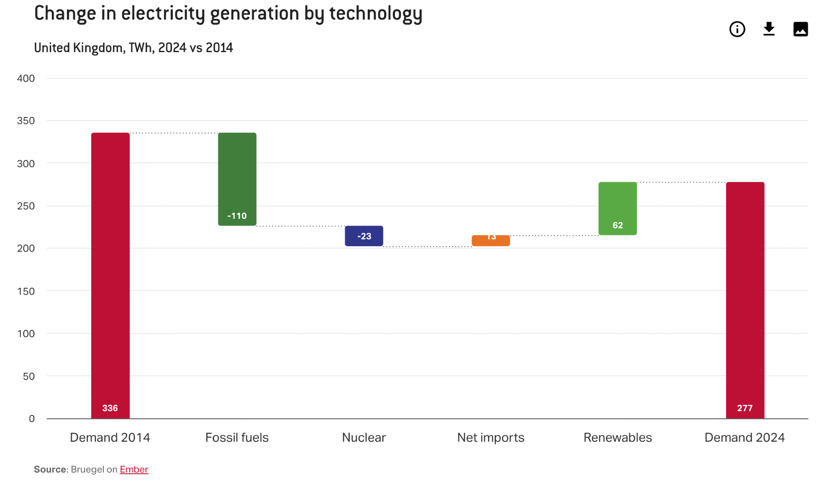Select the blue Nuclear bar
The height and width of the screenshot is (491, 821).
pos(364,236)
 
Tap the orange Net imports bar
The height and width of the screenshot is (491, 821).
pos(491,241)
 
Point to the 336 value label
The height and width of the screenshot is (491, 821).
pos(110,408)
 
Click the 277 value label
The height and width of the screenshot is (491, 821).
pos(745,408)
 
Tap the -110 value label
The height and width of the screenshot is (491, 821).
pos(237,216)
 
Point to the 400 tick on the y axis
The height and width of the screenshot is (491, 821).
pos(26,78)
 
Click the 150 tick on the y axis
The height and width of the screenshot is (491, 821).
pos(26,291)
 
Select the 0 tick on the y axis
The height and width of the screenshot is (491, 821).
pos(32,419)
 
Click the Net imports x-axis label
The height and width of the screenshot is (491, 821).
pos(491,438)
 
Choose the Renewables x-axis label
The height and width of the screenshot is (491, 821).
pos(617,438)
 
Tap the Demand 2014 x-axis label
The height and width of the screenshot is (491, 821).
pos(110,438)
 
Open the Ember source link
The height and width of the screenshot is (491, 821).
pos(134,469)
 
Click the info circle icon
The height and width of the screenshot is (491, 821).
pos(737,29)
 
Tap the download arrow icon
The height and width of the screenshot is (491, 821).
pos(768,29)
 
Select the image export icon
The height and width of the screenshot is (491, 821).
pos(800,29)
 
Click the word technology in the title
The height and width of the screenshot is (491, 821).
pos(376,14)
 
